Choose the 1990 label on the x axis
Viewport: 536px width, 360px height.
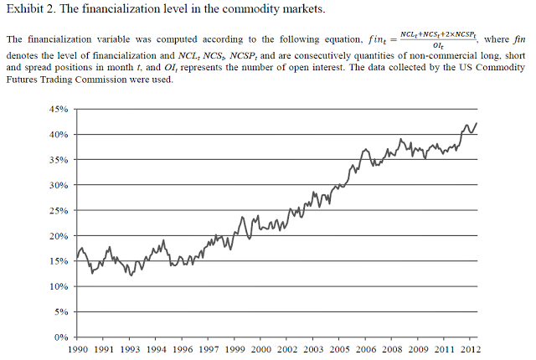click(77, 349)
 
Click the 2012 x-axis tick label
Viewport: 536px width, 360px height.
click(471, 349)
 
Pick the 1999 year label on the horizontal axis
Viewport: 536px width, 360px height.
click(234, 349)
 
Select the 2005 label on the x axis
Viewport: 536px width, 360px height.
click(339, 349)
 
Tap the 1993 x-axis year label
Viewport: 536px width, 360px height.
click(130, 349)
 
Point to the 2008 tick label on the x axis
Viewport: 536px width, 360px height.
click(392, 349)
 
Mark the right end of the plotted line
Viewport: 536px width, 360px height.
click(477, 123)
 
